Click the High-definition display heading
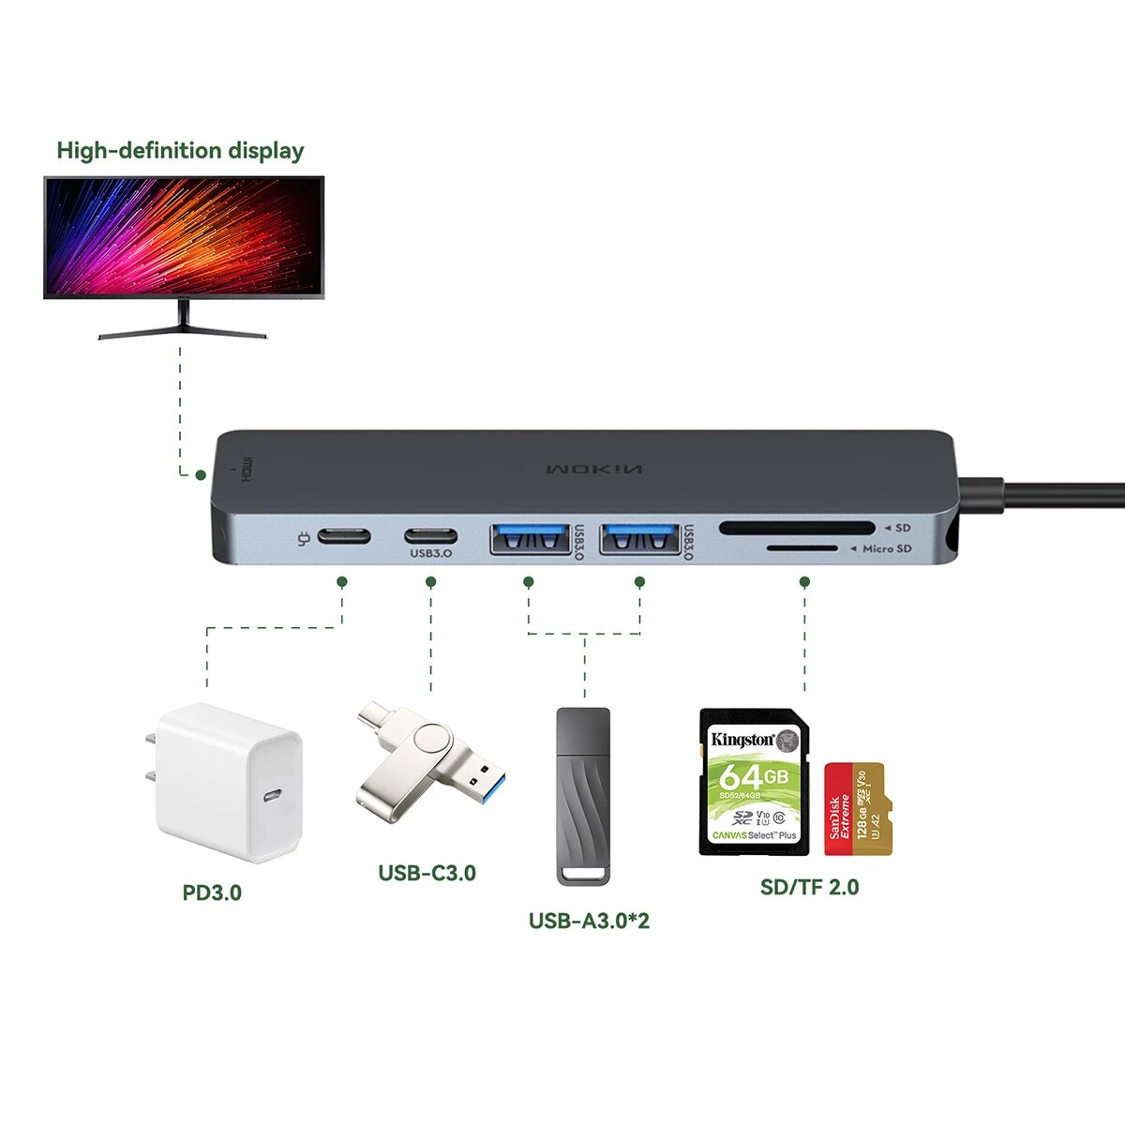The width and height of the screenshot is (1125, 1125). [180, 151]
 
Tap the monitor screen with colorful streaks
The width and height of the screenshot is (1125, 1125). [184, 237]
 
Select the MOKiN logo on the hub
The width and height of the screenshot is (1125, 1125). [594, 469]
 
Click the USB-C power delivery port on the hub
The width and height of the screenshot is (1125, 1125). [344, 537]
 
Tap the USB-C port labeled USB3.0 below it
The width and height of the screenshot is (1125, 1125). [431, 537]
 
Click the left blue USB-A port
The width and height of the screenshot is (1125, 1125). [530, 540]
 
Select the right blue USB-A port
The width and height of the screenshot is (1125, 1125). [639, 540]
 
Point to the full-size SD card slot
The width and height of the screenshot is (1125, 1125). [797, 529]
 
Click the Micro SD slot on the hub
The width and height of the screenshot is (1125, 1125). [802, 548]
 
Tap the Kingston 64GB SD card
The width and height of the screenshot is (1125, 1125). [754, 782]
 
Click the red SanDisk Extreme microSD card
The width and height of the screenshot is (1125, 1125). [858, 808]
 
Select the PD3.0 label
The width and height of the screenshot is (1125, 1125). [212, 892]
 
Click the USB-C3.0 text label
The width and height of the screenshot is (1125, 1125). [427, 873]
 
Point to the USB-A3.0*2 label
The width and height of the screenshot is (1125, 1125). [589, 921]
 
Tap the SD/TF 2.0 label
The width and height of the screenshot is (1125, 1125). [809, 887]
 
